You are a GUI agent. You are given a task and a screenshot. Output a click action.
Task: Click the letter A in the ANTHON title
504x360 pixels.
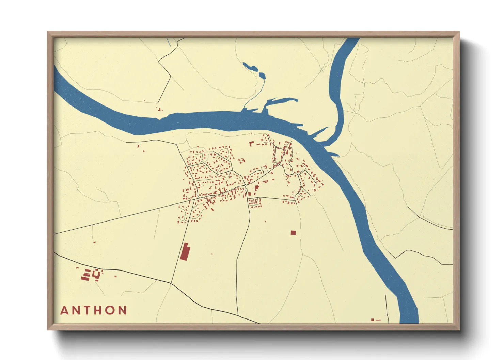click(64, 310)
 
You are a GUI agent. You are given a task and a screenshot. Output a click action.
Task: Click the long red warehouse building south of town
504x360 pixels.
click(185, 251)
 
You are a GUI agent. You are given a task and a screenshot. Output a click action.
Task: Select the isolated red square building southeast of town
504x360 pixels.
click(293, 233)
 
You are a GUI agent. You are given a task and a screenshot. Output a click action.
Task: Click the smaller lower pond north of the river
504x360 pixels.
click(262, 75)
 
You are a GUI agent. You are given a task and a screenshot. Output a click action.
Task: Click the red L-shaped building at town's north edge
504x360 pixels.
click(251, 144)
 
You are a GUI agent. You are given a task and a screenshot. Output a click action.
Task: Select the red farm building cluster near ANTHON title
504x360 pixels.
click(90, 274)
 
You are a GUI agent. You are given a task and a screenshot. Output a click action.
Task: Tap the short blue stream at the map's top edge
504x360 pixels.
click(169, 42)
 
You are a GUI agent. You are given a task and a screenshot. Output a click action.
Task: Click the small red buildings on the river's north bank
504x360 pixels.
click(159, 109)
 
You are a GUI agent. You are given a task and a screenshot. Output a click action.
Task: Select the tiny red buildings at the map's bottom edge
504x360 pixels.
click(376, 320)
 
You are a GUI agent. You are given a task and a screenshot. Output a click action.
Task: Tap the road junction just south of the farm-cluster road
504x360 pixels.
click(171, 283)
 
